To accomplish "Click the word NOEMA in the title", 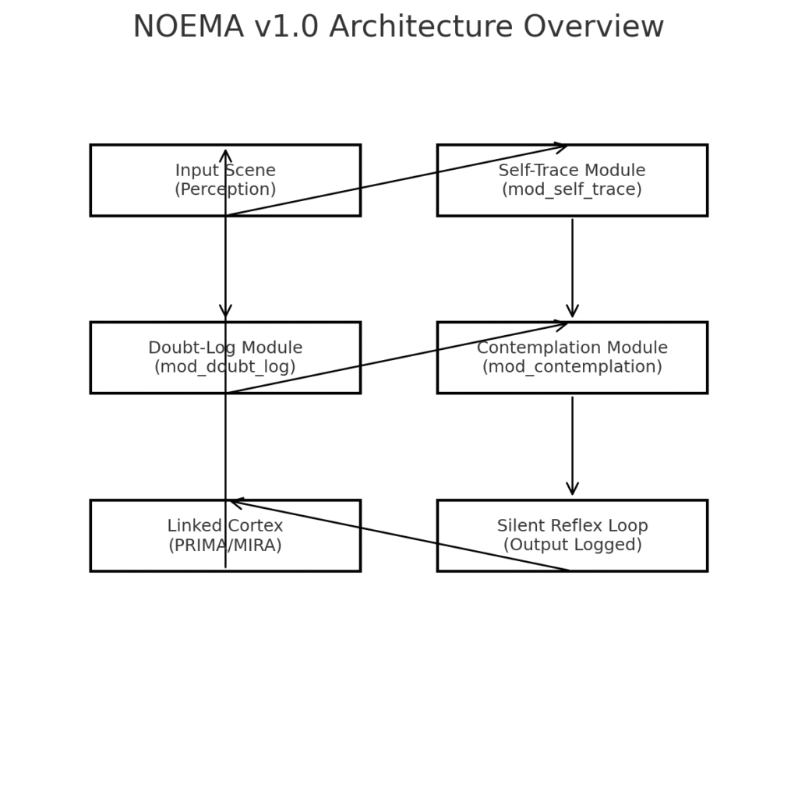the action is pyautogui.click(x=189, y=26).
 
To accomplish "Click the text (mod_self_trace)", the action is pyautogui.click(x=572, y=189).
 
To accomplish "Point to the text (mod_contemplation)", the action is pyautogui.click(x=572, y=366).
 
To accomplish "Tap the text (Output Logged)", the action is pyautogui.click(x=573, y=545).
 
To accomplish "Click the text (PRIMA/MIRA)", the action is pyautogui.click(x=225, y=545).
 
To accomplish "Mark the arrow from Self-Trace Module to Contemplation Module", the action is pyautogui.click(x=573, y=268).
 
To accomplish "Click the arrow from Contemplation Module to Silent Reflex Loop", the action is pyautogui.click(x=573, y=446).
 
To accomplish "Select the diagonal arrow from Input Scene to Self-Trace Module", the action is pyautogui.click(x=397, y=181).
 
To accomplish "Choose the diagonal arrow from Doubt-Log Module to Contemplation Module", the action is pyautogui.click(x=397, y=358).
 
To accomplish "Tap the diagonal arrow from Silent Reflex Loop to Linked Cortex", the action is pyautogui.click(x=400, y=535).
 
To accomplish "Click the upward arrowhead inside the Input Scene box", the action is pyautogui.click(x=225, y=156).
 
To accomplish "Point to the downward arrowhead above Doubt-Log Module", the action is pyautogui.click(x=225, y=312).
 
